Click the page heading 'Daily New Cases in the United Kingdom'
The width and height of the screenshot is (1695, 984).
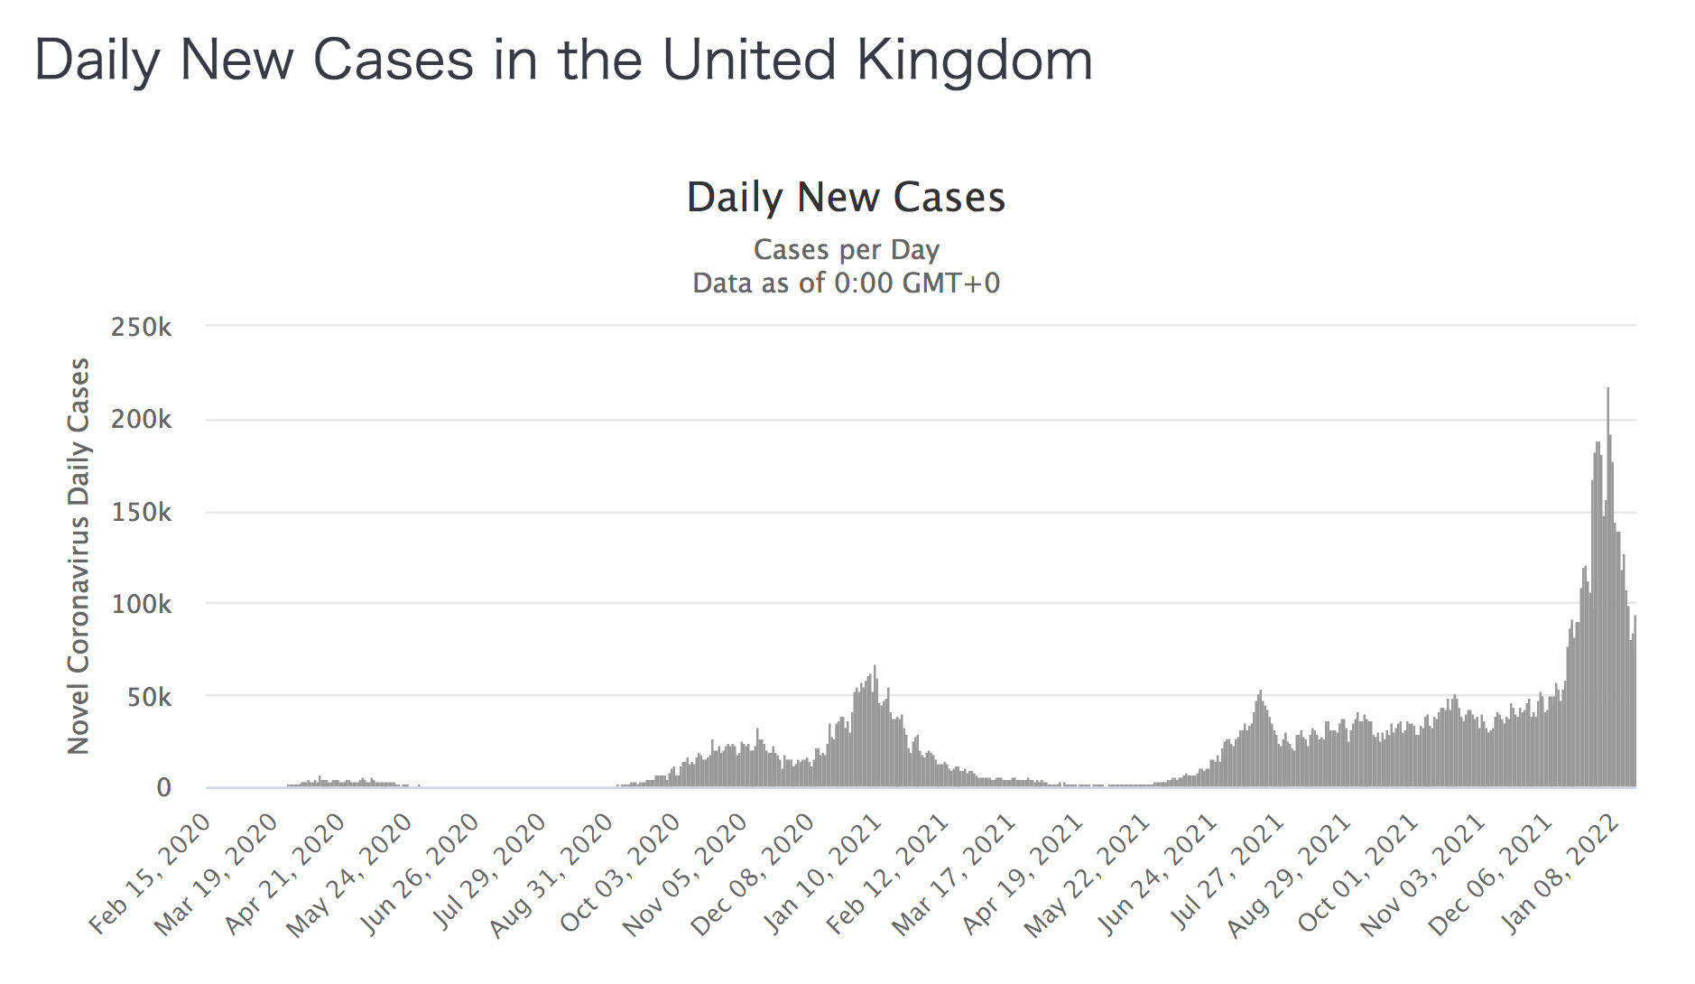pos(563,61)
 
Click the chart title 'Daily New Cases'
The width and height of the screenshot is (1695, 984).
pos(846,198)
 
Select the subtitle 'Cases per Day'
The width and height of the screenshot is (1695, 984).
pos(846,249)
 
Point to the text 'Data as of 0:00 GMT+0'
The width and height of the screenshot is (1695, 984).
pos(846,283)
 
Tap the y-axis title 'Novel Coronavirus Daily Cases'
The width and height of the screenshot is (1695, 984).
pos(79,555)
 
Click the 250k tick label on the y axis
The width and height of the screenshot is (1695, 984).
pos(141,327)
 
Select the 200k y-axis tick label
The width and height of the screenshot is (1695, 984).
pos(141,420)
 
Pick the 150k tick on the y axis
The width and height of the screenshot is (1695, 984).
pos(141,512)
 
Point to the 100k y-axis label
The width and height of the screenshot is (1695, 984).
pos(141,604)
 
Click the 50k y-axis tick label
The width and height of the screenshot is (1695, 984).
pos(148,697)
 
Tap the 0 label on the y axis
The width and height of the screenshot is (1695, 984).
pos(163,788)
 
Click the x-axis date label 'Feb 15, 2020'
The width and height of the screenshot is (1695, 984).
pos(151,873)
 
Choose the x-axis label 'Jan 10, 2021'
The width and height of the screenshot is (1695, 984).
pos(823,873)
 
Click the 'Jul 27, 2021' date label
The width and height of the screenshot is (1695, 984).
pos(1227,873)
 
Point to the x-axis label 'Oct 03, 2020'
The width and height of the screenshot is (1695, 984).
pos(621,873)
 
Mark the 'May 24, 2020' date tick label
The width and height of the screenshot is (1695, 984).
pos(350,873)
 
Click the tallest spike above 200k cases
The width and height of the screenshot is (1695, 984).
pos(1607,390)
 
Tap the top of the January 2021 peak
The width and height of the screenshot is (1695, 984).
pos(875,668)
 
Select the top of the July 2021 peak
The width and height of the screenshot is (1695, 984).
pos(1260,692)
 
